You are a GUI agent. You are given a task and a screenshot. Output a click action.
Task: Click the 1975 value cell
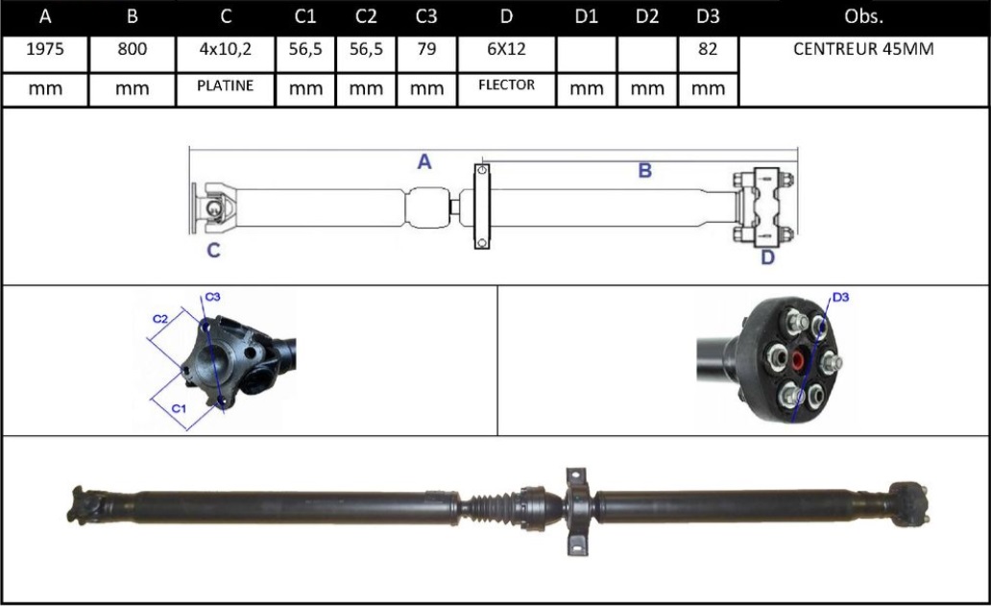[44, 50]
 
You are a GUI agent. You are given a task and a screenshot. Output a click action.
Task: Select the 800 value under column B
[132, 50]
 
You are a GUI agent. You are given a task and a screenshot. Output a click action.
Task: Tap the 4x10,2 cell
[225, 50]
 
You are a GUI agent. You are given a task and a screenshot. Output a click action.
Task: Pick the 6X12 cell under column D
[507, 50]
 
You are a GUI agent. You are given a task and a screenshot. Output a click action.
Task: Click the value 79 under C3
[425, 50]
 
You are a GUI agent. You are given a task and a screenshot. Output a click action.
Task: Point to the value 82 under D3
[707, 50]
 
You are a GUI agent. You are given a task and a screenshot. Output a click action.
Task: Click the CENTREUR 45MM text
[863, 50]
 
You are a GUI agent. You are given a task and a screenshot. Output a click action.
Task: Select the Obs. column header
[863, 17]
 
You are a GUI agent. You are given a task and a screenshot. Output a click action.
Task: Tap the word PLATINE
[225, 85]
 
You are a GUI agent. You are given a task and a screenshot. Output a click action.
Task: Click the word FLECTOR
[507, 85]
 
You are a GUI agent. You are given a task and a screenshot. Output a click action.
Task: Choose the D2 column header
[647, 17]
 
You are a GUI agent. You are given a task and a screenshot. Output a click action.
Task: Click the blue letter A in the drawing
[424, 162]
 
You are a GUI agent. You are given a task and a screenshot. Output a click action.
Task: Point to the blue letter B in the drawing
[645, 171]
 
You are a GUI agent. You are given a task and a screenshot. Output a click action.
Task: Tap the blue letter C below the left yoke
[213, 251]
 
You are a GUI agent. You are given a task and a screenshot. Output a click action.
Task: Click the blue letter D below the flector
[767, 256]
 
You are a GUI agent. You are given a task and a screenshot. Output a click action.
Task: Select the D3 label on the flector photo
[840, 298]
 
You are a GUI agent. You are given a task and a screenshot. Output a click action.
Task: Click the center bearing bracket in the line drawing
[482, 206]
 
